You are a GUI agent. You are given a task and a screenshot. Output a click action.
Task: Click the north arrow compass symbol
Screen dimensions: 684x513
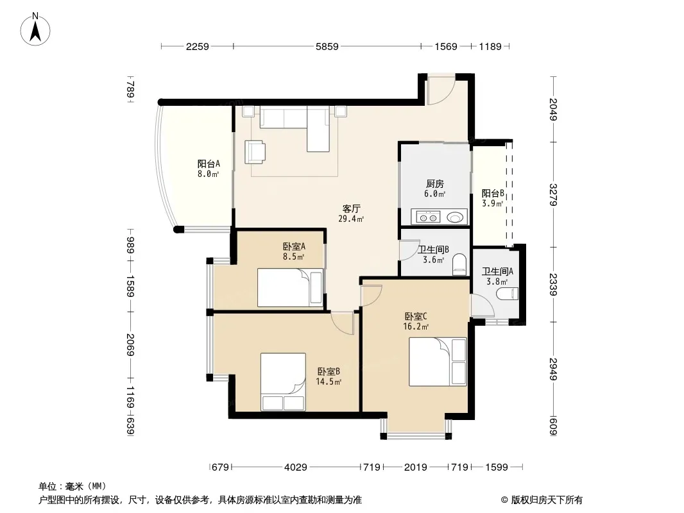[35, 29]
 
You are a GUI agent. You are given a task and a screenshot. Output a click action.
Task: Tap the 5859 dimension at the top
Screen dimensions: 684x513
[327, 46]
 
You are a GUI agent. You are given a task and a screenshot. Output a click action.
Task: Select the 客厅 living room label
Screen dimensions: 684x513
[351, 208]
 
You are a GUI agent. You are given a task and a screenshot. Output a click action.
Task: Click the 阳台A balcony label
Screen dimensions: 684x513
[209, 164]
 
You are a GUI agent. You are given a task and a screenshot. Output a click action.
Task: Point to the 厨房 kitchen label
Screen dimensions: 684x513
[435, 184]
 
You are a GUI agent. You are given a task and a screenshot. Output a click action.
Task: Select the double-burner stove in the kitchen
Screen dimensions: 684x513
[427, 217]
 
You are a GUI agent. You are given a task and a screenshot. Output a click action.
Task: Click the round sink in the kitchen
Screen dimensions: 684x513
[454, 217]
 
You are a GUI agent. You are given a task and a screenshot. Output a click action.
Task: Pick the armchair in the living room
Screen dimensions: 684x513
[255, 152]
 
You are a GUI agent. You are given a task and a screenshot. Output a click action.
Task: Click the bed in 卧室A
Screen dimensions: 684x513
[290, 288]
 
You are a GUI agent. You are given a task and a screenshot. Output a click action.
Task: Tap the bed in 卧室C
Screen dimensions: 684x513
[438, 362]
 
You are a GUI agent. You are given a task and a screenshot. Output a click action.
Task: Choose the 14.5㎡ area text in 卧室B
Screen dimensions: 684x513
[329, 382]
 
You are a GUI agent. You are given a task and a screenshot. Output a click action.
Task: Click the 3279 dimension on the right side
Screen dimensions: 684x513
[553, 194]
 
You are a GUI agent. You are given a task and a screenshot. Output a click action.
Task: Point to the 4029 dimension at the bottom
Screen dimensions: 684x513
[296, 467]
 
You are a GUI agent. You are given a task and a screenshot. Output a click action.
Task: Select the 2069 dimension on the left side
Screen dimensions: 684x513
[130, 344]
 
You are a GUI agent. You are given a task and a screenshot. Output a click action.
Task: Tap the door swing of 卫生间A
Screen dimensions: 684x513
[483, 305]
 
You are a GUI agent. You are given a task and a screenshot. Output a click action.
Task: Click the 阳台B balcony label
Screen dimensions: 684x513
[493, 193]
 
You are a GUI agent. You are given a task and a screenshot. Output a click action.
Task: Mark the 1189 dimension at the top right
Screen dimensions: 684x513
[490, 46]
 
